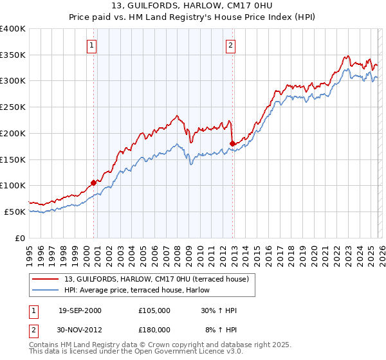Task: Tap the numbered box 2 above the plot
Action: click(230, 46)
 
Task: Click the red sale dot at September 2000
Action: click(94, 183)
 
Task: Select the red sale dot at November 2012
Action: click(233, 143)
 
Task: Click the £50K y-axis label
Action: click(15, 212)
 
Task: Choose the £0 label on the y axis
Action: click(21, 238)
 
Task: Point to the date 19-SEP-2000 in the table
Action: click(80, 310)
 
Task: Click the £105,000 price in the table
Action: click(154, 310)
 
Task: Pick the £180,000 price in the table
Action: click(154, 330)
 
